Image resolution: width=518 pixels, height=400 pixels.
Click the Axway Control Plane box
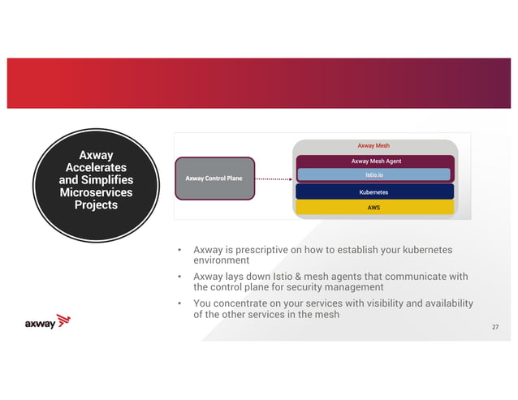pyautogui.click(x=214, y=178)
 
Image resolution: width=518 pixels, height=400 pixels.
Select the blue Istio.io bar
pyautogui.click(x=373, y=174)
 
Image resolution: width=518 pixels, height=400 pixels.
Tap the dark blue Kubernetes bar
pyautogui.click(x=373, y=192)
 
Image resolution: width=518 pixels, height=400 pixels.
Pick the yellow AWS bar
pyautogui.click(x=373, y=208)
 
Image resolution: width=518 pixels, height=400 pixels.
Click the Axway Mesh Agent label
pyautogui.click(x=375, y=161)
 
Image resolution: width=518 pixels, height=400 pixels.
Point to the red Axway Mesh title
pyautogui.click(x=373, y=146)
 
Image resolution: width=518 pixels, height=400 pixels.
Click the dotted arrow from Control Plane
pyautogui.click(x=273, y=178)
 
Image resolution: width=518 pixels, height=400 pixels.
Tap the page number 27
pyautogui.click(x=495, y=327)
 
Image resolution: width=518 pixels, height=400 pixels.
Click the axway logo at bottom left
pyautogui.click(x=50, y=323)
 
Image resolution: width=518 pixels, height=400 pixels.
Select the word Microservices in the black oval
pyautogui.click(x=96, y=192)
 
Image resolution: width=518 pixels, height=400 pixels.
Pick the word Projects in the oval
pyautogui.click(x=96, y=205)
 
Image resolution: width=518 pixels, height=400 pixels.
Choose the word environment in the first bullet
pyautogui.click(x=221, y=260)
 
